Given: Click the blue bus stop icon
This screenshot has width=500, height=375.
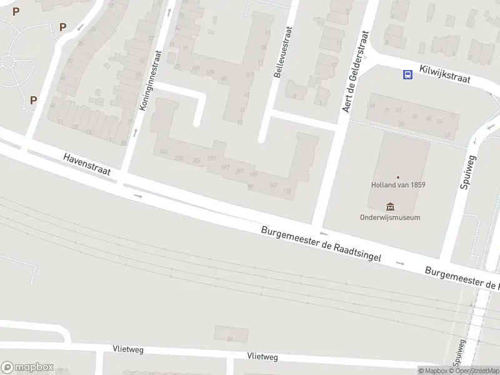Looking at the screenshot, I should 407,75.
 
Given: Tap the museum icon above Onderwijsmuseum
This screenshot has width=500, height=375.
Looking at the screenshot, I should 391,206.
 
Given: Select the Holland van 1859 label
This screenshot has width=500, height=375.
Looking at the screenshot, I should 398,186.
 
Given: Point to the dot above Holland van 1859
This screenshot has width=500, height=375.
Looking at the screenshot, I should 398,177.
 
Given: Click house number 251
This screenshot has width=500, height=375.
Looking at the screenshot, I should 197,161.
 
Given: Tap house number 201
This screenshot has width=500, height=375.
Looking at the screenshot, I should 239,171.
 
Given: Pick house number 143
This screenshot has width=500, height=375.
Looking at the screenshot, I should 272,184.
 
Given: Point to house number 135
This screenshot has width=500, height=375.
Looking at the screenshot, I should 287,191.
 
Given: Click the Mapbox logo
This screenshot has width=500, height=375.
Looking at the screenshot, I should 27,367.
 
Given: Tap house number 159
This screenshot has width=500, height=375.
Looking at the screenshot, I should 253,174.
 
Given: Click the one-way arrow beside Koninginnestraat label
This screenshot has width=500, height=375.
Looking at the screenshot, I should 136,132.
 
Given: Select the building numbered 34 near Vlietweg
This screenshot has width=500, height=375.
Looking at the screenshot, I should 231,333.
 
